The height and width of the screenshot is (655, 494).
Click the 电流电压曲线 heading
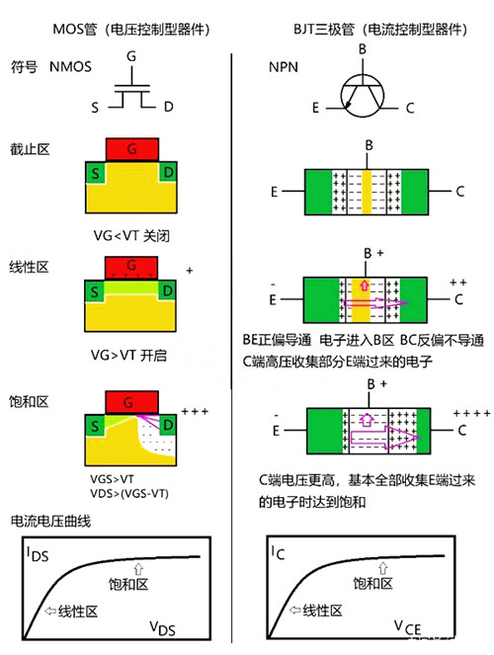tap(52, 522)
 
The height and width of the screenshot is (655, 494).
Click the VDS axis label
tap(164, 627)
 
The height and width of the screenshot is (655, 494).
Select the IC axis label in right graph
tap(278, 554)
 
